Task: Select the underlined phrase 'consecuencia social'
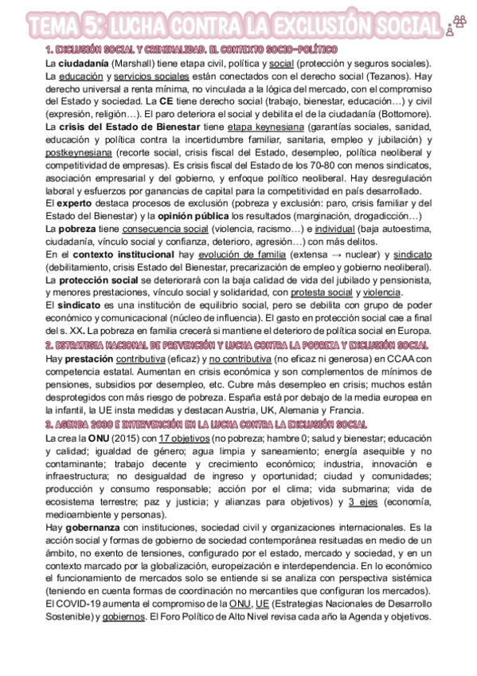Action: (155, 229)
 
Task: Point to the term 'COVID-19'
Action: (77, 603)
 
